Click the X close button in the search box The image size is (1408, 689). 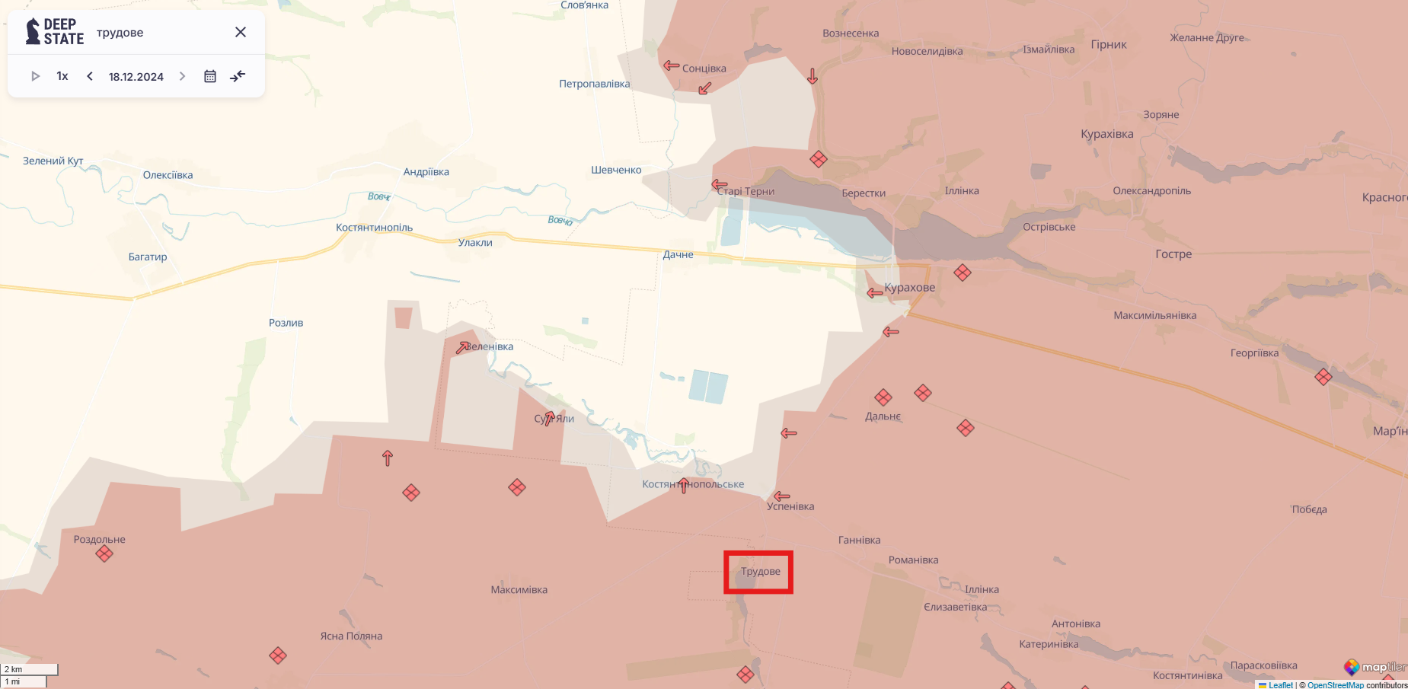tap(241, 32)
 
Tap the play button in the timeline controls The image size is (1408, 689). tap(35, 76)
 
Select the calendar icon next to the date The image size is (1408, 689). tap(210, 76)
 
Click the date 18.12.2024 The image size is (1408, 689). tap(136, 77)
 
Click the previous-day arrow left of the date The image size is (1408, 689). tap(90, 76)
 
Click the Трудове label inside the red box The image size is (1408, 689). tap(760, 571)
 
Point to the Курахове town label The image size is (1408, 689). tap(909, 288)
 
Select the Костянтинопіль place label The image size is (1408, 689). tap(374, 228)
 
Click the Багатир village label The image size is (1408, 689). tap(148, 257)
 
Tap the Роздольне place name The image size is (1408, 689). tap(99, 539)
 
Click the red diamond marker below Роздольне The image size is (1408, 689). tap(104, 553)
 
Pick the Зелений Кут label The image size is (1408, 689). tap(53, 161)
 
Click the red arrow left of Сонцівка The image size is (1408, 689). tap(671, 66)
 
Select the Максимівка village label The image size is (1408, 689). tap(519, 589)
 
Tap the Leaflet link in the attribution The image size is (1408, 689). tap(1280, 685)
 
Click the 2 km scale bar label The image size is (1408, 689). tap(14, 669)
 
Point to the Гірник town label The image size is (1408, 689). tap(1108, 44)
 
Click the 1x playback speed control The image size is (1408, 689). tap(62, 76)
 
